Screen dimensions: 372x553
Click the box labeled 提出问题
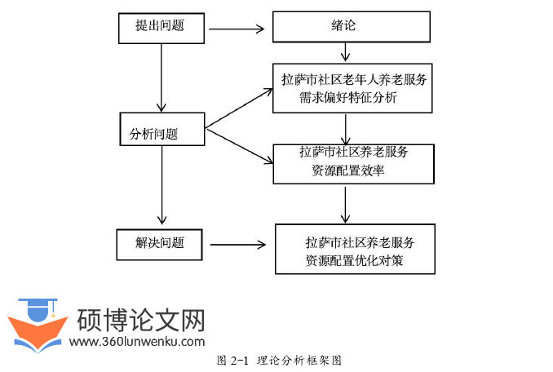pos(160,26)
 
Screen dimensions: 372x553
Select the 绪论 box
pos(351,26)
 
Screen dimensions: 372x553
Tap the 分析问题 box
pos(162,130)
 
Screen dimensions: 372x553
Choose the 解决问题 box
pos(160,244)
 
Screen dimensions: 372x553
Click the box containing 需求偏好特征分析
pos(352,89)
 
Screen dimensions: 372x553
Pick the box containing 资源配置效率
pos(353,162)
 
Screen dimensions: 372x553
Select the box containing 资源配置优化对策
pos(355,250)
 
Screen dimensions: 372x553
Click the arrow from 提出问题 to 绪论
pos(236,30)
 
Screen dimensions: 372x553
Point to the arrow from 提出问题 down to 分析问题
pos(162,77)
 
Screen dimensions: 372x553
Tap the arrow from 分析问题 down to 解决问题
pos(162,184)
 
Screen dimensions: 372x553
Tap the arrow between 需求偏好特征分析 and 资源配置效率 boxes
pos(347,129)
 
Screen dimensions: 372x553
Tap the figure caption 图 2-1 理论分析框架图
pos(278,360)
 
